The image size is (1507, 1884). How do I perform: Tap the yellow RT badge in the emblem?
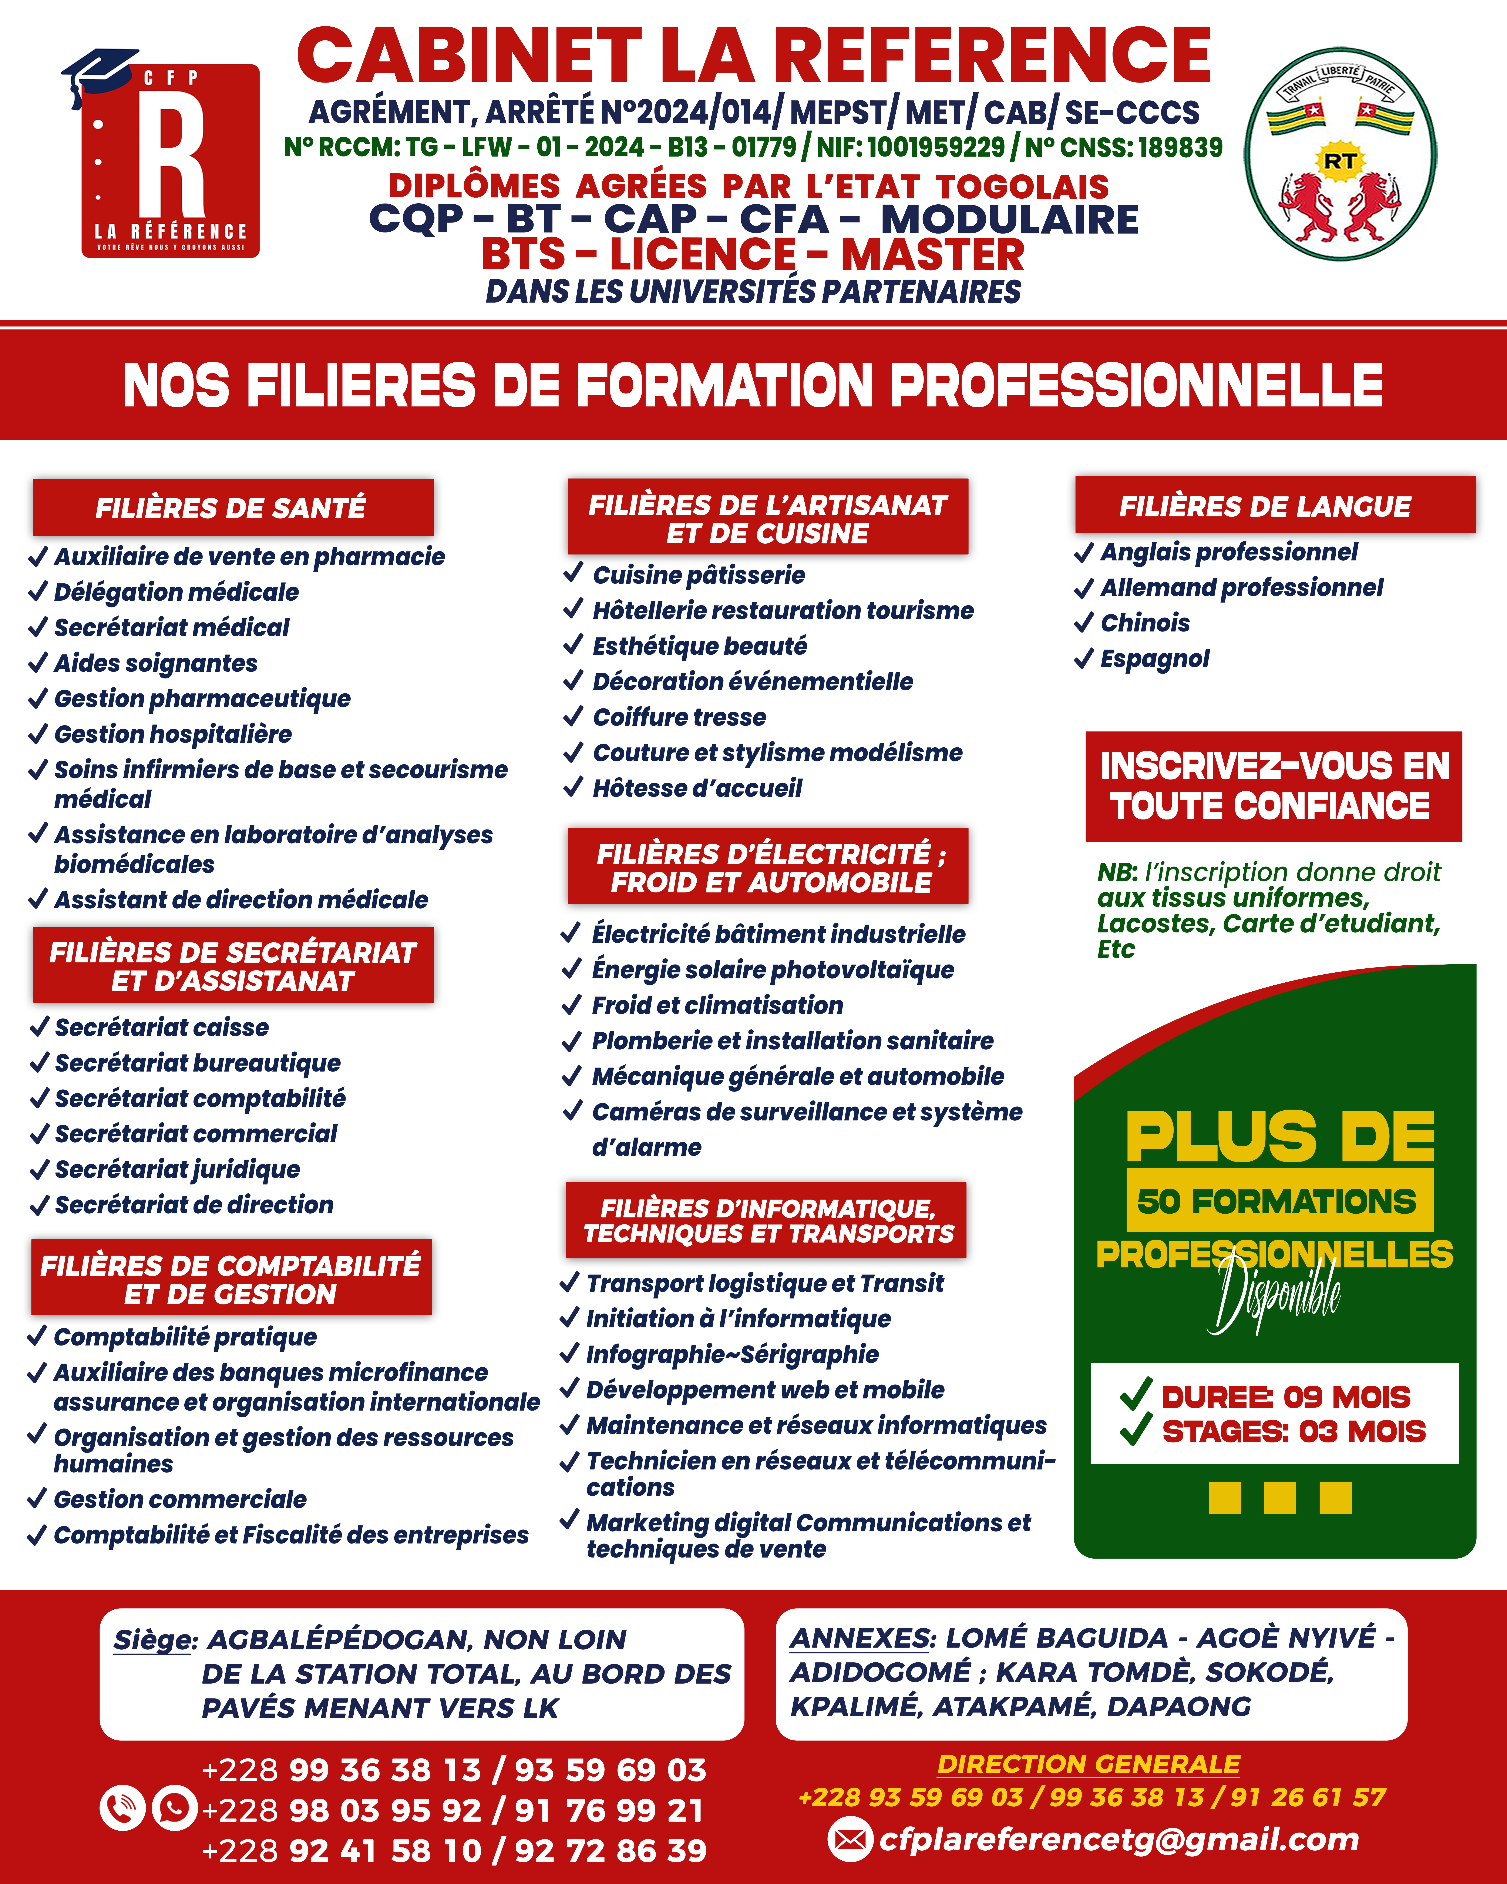click(1339, 161)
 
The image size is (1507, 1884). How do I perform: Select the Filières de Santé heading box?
click(232, 507)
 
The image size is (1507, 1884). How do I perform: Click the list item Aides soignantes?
click(155, 663)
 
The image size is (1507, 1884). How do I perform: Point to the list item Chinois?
click(1144, 623)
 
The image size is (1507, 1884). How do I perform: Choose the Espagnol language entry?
click(1154, 659)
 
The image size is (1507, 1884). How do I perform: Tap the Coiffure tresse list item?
click(679, 717)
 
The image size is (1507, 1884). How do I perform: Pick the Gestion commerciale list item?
click(180, 1499)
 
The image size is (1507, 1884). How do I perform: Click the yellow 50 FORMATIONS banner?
click(1279, 1201)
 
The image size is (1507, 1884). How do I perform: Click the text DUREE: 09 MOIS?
click(1285, 1396)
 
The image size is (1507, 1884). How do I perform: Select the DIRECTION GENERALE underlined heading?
click(1089, 1764)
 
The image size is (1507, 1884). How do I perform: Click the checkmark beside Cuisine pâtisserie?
click(573, 573)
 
